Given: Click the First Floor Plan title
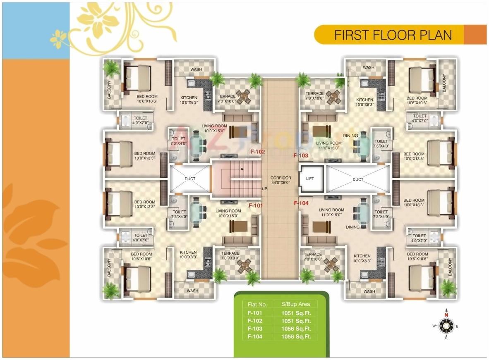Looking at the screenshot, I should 393,35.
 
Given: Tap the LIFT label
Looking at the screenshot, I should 310,179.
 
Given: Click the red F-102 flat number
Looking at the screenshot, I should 258,152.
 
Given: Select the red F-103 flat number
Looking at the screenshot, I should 301,155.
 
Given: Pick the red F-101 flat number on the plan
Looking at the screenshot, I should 256,205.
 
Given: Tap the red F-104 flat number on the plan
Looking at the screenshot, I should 301,203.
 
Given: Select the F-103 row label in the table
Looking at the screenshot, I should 255,329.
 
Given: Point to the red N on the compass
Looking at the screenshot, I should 446,315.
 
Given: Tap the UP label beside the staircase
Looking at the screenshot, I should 264,189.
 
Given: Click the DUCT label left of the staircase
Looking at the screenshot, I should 190,179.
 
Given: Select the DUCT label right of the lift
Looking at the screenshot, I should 358,179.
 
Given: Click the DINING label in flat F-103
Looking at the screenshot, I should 350,136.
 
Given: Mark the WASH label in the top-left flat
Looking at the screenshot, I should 196,69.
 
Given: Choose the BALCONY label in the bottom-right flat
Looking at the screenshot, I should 451,267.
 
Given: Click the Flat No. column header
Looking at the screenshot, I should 255,304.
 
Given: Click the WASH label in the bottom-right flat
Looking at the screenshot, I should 369,291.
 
